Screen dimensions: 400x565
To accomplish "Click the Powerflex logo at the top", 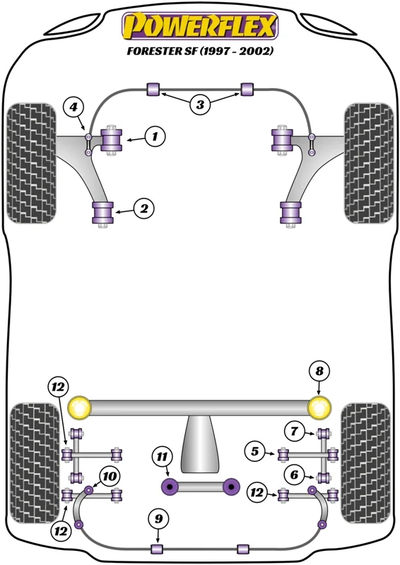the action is point(200,26).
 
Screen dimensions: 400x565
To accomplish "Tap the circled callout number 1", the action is point(155,136).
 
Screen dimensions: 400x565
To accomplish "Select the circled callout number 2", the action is point(144,208).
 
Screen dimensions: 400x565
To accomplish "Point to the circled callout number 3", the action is point(200,105).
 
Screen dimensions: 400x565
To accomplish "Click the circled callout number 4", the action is point(73,107).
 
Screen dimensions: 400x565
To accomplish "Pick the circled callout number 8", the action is point(319,371).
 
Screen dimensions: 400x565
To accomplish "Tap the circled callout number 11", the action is point(162,457).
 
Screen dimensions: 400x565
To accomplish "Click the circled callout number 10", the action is point(110,476).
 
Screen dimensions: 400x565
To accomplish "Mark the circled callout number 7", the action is point(294,431).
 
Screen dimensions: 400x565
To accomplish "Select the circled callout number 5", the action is point(255,451).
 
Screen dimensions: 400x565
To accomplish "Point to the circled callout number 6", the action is point(294,475).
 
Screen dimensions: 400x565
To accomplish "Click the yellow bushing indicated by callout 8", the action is point(319,408).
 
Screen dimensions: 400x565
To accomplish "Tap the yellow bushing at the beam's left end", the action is point(79,408).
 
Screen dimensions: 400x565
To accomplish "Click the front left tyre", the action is point(32,163).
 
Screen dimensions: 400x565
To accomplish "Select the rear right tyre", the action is point(365,463).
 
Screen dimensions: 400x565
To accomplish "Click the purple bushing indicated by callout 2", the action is point(103,213).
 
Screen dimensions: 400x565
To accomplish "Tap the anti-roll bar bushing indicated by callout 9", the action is point(157,549).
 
